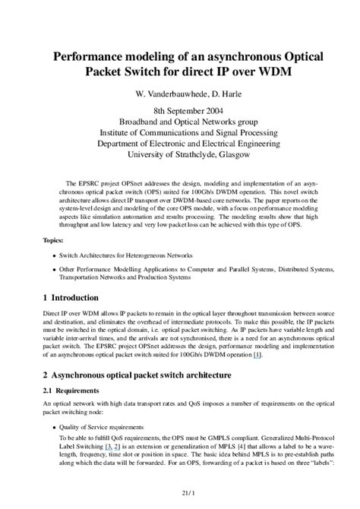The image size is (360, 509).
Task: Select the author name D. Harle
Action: [x=223, y=96]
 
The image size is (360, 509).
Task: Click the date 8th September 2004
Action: [x=180, y=111]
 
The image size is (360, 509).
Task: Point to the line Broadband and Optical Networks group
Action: [x=180, y=122]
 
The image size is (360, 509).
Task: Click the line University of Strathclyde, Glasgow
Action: [x=180, y=154]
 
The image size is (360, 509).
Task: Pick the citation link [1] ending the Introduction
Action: [x=257, y=354]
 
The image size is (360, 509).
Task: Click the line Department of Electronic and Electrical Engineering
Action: [x=180, y=144]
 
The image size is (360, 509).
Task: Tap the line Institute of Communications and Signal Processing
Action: [x=180, y=132]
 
